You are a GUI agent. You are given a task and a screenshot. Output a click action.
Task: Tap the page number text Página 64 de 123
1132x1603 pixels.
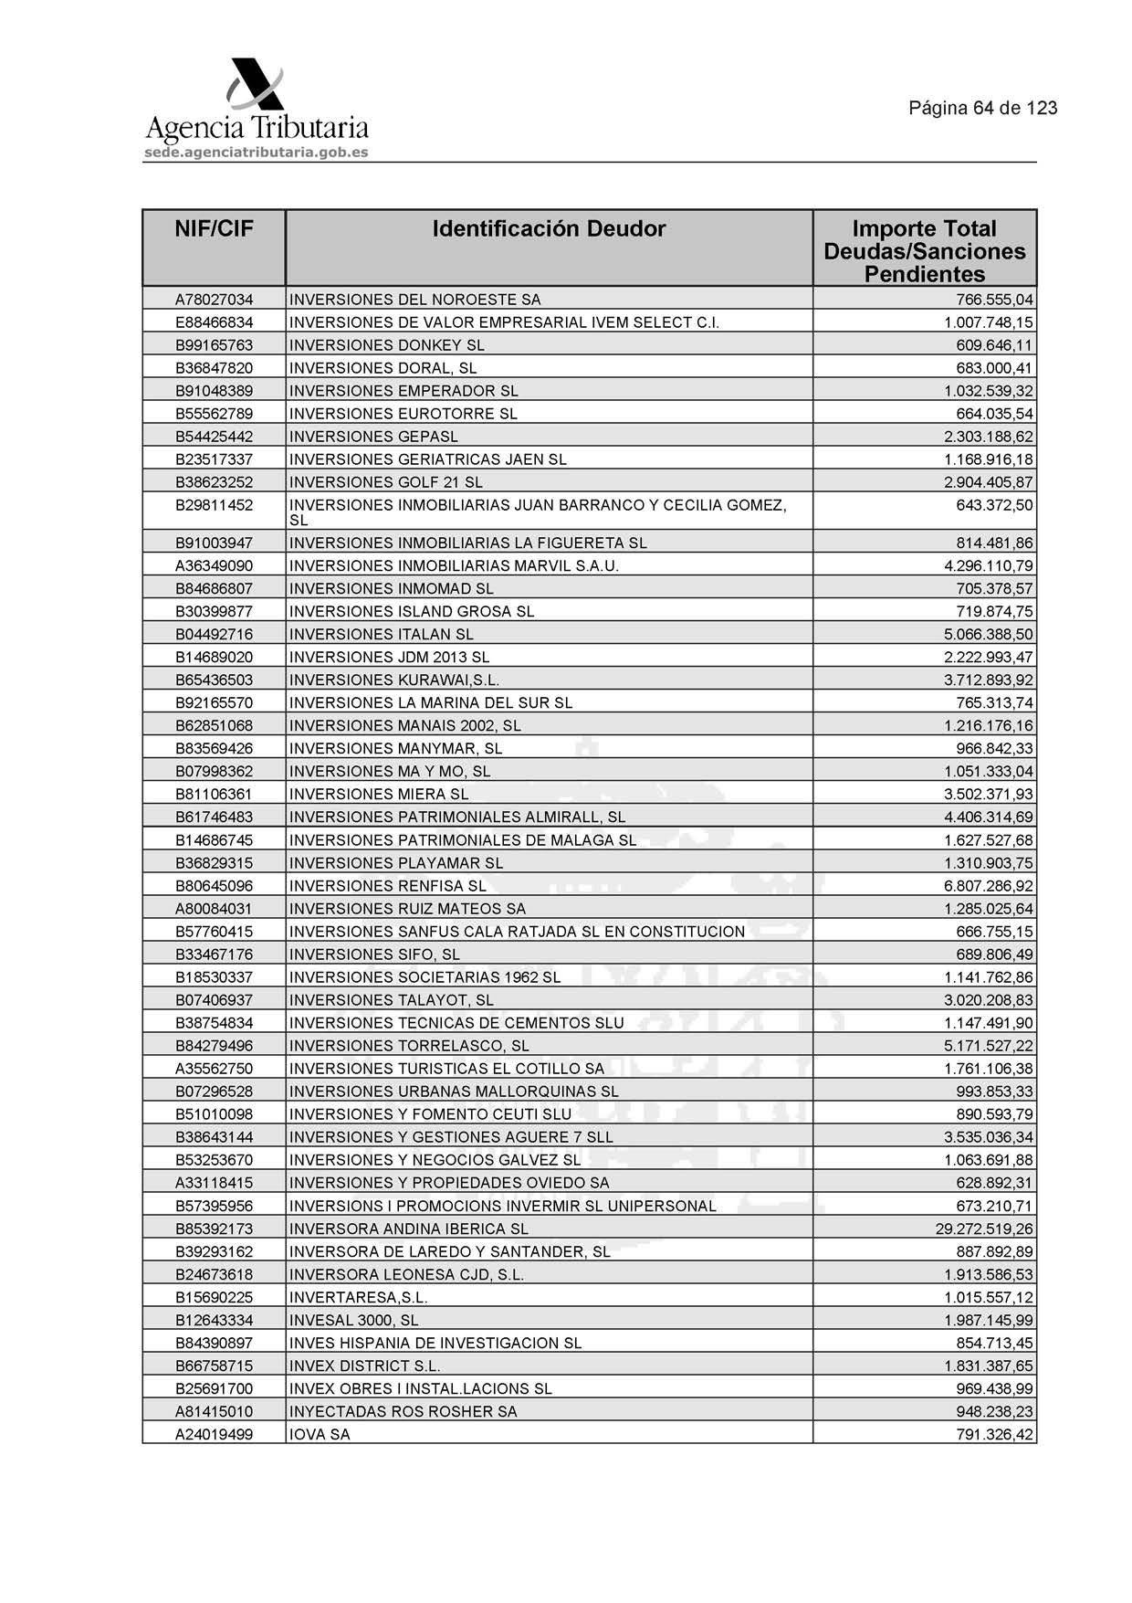click(x=982, y=108)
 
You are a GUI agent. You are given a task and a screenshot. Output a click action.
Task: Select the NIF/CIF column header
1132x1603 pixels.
click(x=214, y=229)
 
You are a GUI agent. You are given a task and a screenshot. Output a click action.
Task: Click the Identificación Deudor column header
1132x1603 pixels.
click(x=549, y=229)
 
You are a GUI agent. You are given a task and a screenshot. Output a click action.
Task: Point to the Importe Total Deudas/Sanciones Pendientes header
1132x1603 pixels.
click(x=924, y=251)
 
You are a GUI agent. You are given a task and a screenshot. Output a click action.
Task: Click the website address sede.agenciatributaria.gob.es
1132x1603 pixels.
click(x=257, y=153)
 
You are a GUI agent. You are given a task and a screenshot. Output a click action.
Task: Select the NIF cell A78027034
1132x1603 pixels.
click(x=214, y=300)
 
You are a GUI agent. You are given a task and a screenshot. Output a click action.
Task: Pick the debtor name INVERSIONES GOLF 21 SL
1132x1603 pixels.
click(x=385, y=482)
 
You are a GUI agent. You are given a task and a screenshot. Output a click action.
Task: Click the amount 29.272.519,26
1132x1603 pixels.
click(x=984, y=1229)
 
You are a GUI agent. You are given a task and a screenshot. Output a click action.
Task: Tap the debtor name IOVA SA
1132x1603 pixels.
click(x=320, y=1434)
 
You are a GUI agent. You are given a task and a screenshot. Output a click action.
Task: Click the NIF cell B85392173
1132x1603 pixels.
click(x=214, y=1229)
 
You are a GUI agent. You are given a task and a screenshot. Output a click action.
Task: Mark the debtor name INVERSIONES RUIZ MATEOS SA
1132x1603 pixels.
click(x=407, y=909)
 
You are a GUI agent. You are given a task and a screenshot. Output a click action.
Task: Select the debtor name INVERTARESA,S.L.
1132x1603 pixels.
click(x=358, y=1297)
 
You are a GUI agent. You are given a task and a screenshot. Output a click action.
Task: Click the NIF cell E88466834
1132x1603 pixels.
click(x=214, y=322)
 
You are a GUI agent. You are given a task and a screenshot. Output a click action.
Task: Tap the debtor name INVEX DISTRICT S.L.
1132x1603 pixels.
click(x=364, y=1366)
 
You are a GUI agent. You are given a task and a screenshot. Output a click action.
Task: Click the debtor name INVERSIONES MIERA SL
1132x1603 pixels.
click(x=378, y=794)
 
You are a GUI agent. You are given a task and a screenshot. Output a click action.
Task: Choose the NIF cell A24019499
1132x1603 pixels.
click(x=214, y=1434)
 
